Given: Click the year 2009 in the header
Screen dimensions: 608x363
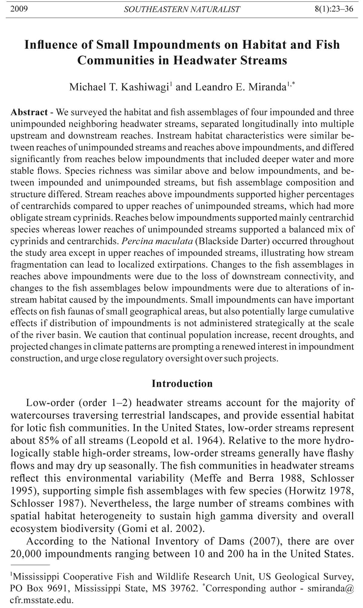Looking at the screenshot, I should [19, 9].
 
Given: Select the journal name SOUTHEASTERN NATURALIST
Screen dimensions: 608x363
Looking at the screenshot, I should [182, 9].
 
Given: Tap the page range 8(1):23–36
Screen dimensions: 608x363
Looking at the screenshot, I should [334, 9].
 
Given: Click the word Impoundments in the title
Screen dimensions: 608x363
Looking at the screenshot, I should [175, 45].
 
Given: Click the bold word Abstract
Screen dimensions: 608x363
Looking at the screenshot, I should [29, 112].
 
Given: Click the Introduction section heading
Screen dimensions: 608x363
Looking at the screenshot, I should [182, 383].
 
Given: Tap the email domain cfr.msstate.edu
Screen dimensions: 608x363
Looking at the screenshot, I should [42, 600].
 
